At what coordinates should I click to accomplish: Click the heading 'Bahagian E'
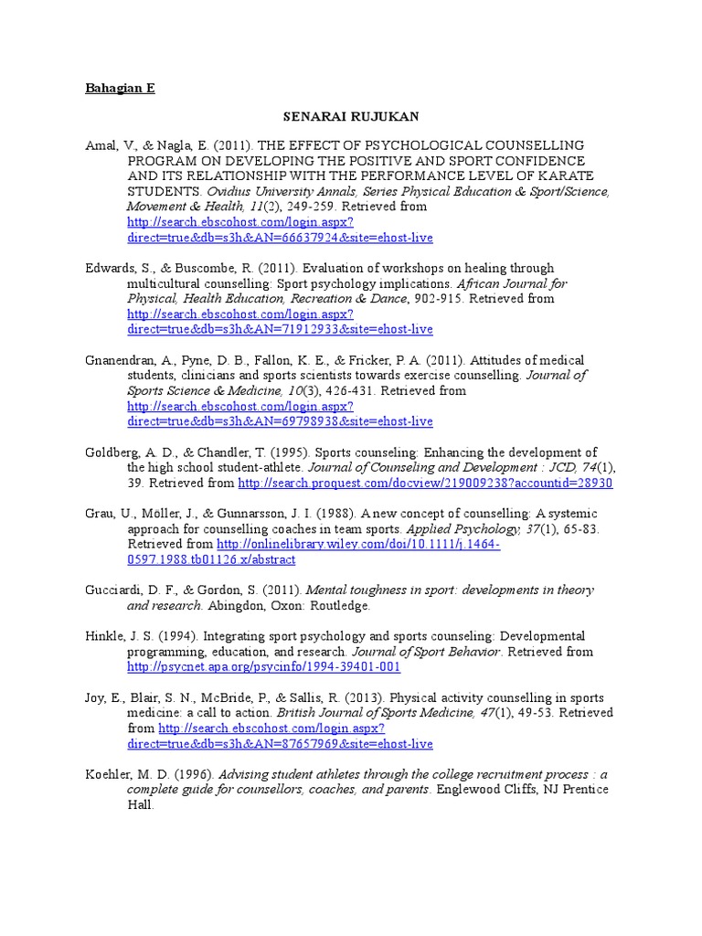[120, 89]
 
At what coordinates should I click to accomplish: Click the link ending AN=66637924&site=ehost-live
[280, 238]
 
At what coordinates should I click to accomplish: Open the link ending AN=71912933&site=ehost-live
[280, 329]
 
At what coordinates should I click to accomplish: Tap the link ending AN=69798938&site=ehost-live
[280, 421]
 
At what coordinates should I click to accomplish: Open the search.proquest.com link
[425, 483]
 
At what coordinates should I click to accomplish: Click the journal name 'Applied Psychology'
[452, 529]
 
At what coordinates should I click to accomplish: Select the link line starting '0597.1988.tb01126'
[224, 559]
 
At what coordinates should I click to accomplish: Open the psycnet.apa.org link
[263, 667]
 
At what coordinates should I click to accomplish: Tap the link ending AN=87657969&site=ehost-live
[280, 744]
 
